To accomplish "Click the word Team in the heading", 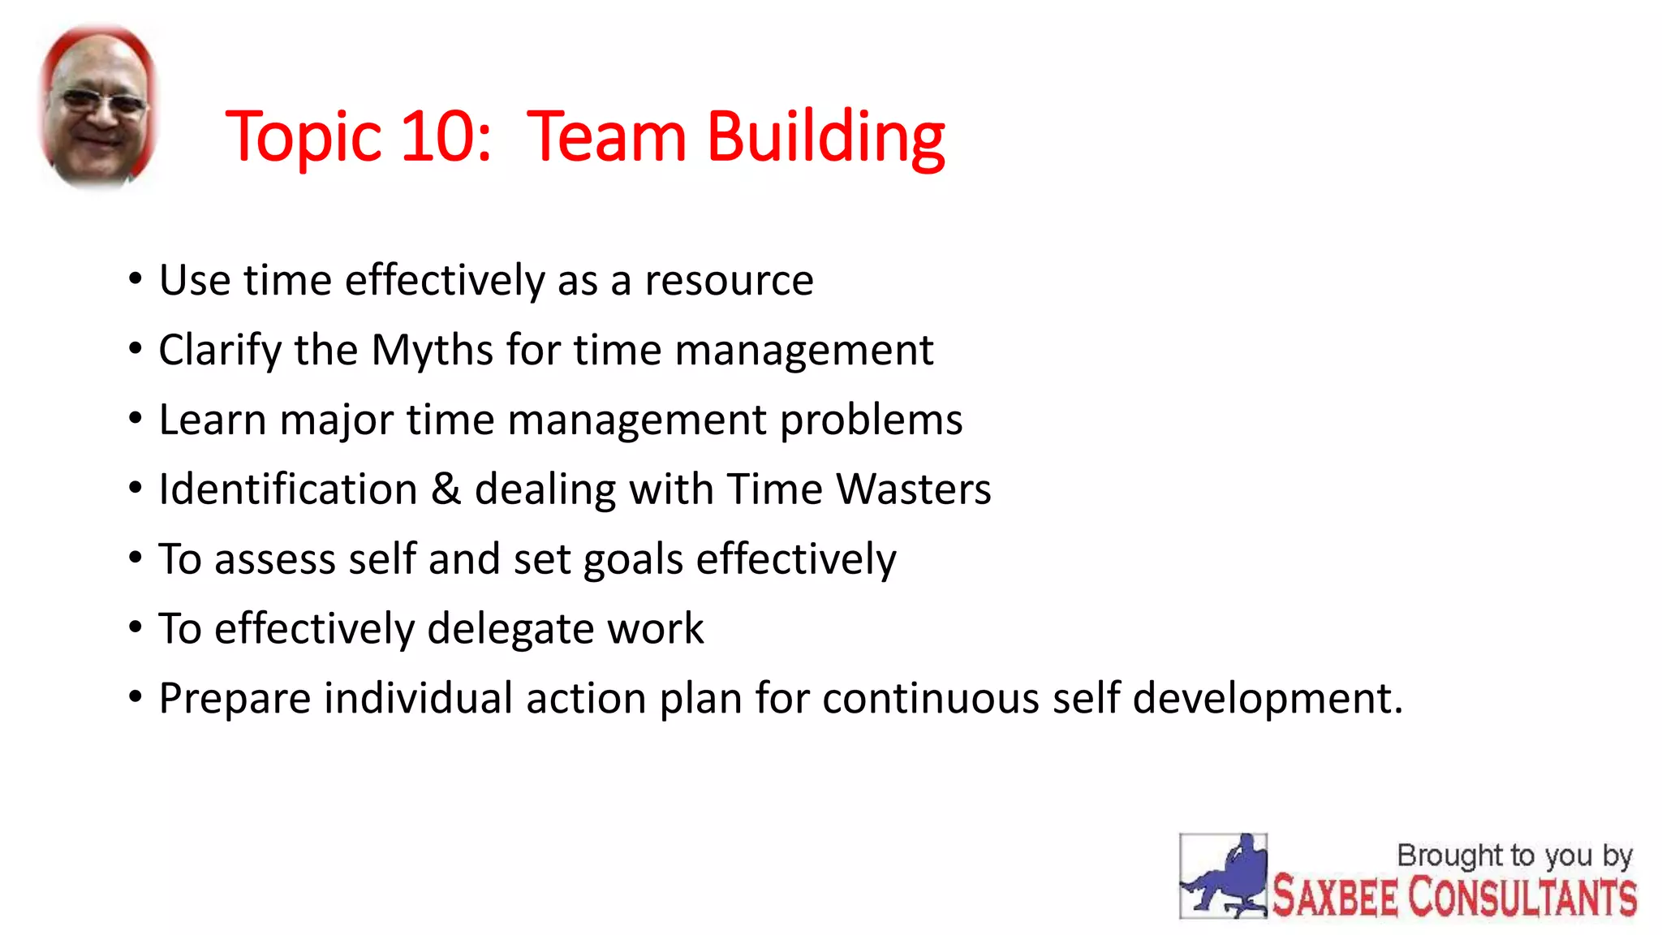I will [607, 136].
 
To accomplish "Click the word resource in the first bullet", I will [729, 281].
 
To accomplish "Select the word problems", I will [871, 420].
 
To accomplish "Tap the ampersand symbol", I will [446, 489].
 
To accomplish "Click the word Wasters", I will [914, 489].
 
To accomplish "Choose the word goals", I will [633, 560].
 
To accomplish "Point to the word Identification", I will [288, 489].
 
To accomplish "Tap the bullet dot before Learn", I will [136, 419].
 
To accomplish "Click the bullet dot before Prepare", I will [136, 697].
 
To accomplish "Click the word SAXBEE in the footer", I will [1336, 898].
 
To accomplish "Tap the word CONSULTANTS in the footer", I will [1522, 898].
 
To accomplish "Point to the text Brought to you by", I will [1513, 855].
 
